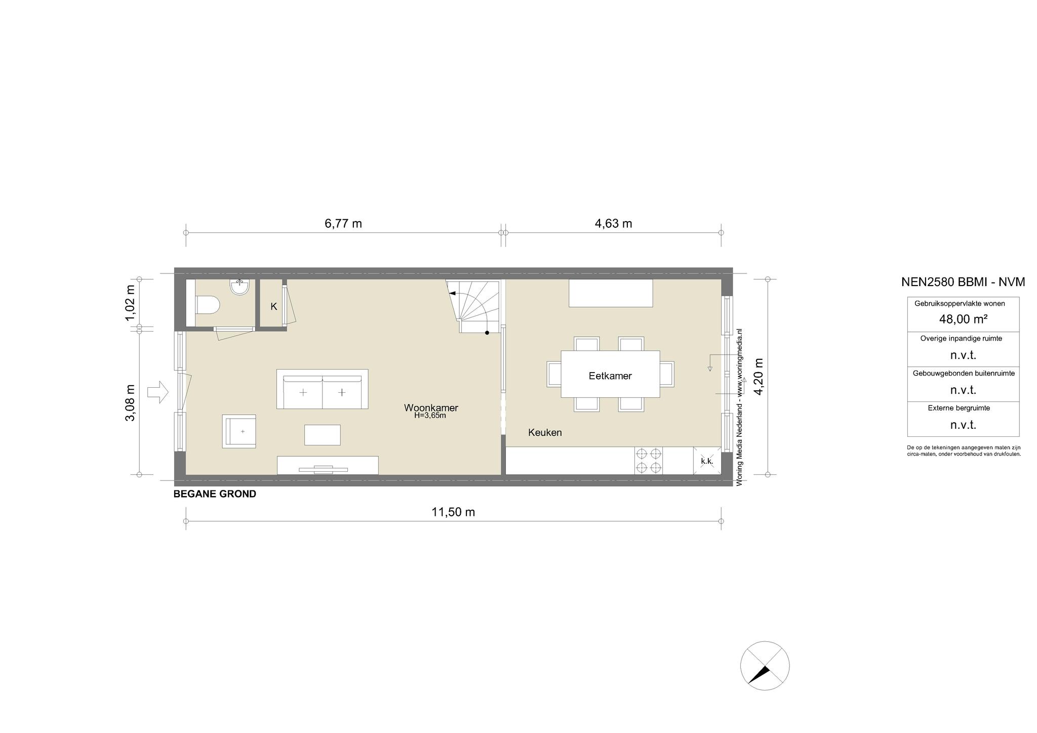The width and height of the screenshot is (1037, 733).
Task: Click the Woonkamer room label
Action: [x=431, y=408]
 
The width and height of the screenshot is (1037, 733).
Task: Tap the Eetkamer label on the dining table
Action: [x=610, y=376]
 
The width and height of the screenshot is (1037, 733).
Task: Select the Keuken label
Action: [x=545, y=433]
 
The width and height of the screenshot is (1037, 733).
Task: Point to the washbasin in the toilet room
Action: [x=240, y=287]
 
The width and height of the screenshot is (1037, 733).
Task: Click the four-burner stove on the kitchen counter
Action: [x=649, y=461]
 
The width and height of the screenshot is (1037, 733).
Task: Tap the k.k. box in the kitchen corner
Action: [x=707, y=461]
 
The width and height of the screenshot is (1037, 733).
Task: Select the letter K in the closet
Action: [x=273, y=307]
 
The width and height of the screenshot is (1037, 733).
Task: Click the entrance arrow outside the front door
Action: [x=158, y=392]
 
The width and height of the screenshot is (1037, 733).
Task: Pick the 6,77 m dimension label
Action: [x=343, y=224]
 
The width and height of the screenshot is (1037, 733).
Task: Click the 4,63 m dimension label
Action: [x=613, y=224]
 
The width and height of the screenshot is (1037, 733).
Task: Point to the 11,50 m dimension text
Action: [x=453, y=512]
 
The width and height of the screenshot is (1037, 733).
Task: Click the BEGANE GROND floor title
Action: [x=215, y=494]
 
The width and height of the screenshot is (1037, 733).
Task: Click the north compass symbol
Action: [x=765, y=666]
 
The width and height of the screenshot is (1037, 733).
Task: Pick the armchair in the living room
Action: [x=239, y=431]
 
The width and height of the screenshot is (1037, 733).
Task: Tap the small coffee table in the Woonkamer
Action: [x=322, y=435]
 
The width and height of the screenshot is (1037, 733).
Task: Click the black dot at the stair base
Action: [x=487, y=333]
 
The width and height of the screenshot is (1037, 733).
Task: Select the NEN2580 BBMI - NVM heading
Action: [x=963, y=282]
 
